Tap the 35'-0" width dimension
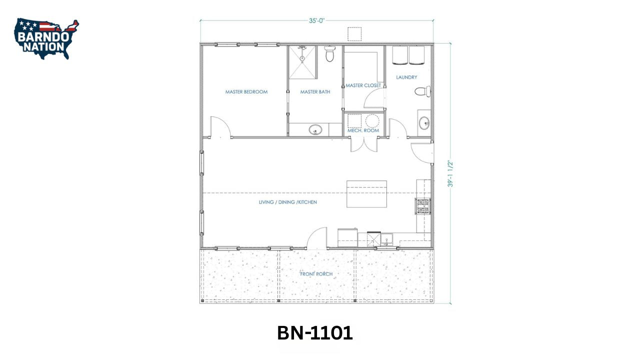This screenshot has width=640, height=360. click(316, 21)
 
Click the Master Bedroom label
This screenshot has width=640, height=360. click(246, 92)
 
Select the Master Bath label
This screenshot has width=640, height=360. click(315, 92)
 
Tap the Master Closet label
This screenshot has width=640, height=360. click(363, 85)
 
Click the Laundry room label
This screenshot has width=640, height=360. click(406, 77)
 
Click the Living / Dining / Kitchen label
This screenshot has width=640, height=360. click(287, 202)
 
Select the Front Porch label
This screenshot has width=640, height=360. click(316, 274)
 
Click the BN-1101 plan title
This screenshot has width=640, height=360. click(315, 333)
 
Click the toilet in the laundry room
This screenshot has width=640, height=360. click(422, 92)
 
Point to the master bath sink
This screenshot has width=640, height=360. click(315, 130)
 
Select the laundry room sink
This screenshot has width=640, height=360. click(424, 122)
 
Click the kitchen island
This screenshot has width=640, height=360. click(366, 194)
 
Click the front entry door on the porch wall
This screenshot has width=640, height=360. click(317, 238)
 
